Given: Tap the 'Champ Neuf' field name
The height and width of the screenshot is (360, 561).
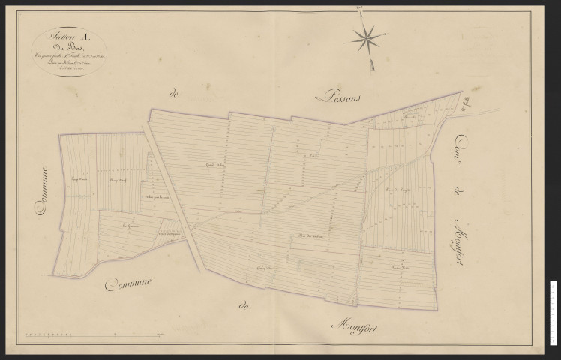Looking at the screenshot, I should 115,180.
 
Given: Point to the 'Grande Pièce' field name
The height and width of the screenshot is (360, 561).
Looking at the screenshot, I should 217,166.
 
